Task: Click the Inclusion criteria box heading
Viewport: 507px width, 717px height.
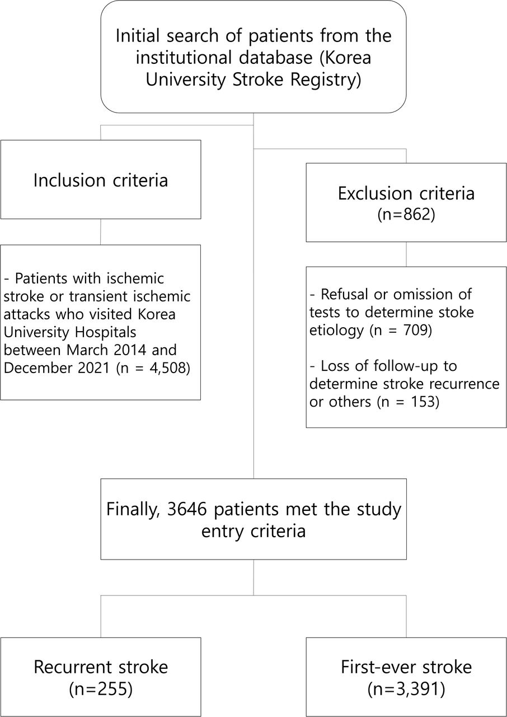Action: coord(101,180)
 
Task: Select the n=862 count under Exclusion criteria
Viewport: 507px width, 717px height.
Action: coord(406,215)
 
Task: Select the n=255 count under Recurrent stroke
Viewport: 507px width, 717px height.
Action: coord(101,689)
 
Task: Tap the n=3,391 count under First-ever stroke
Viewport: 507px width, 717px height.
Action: coord(406,689)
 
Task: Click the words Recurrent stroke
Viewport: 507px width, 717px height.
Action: coord(101,667)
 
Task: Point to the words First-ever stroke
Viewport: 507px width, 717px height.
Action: coord(406,667)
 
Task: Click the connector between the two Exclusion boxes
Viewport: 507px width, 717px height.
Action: coord(406,254)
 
